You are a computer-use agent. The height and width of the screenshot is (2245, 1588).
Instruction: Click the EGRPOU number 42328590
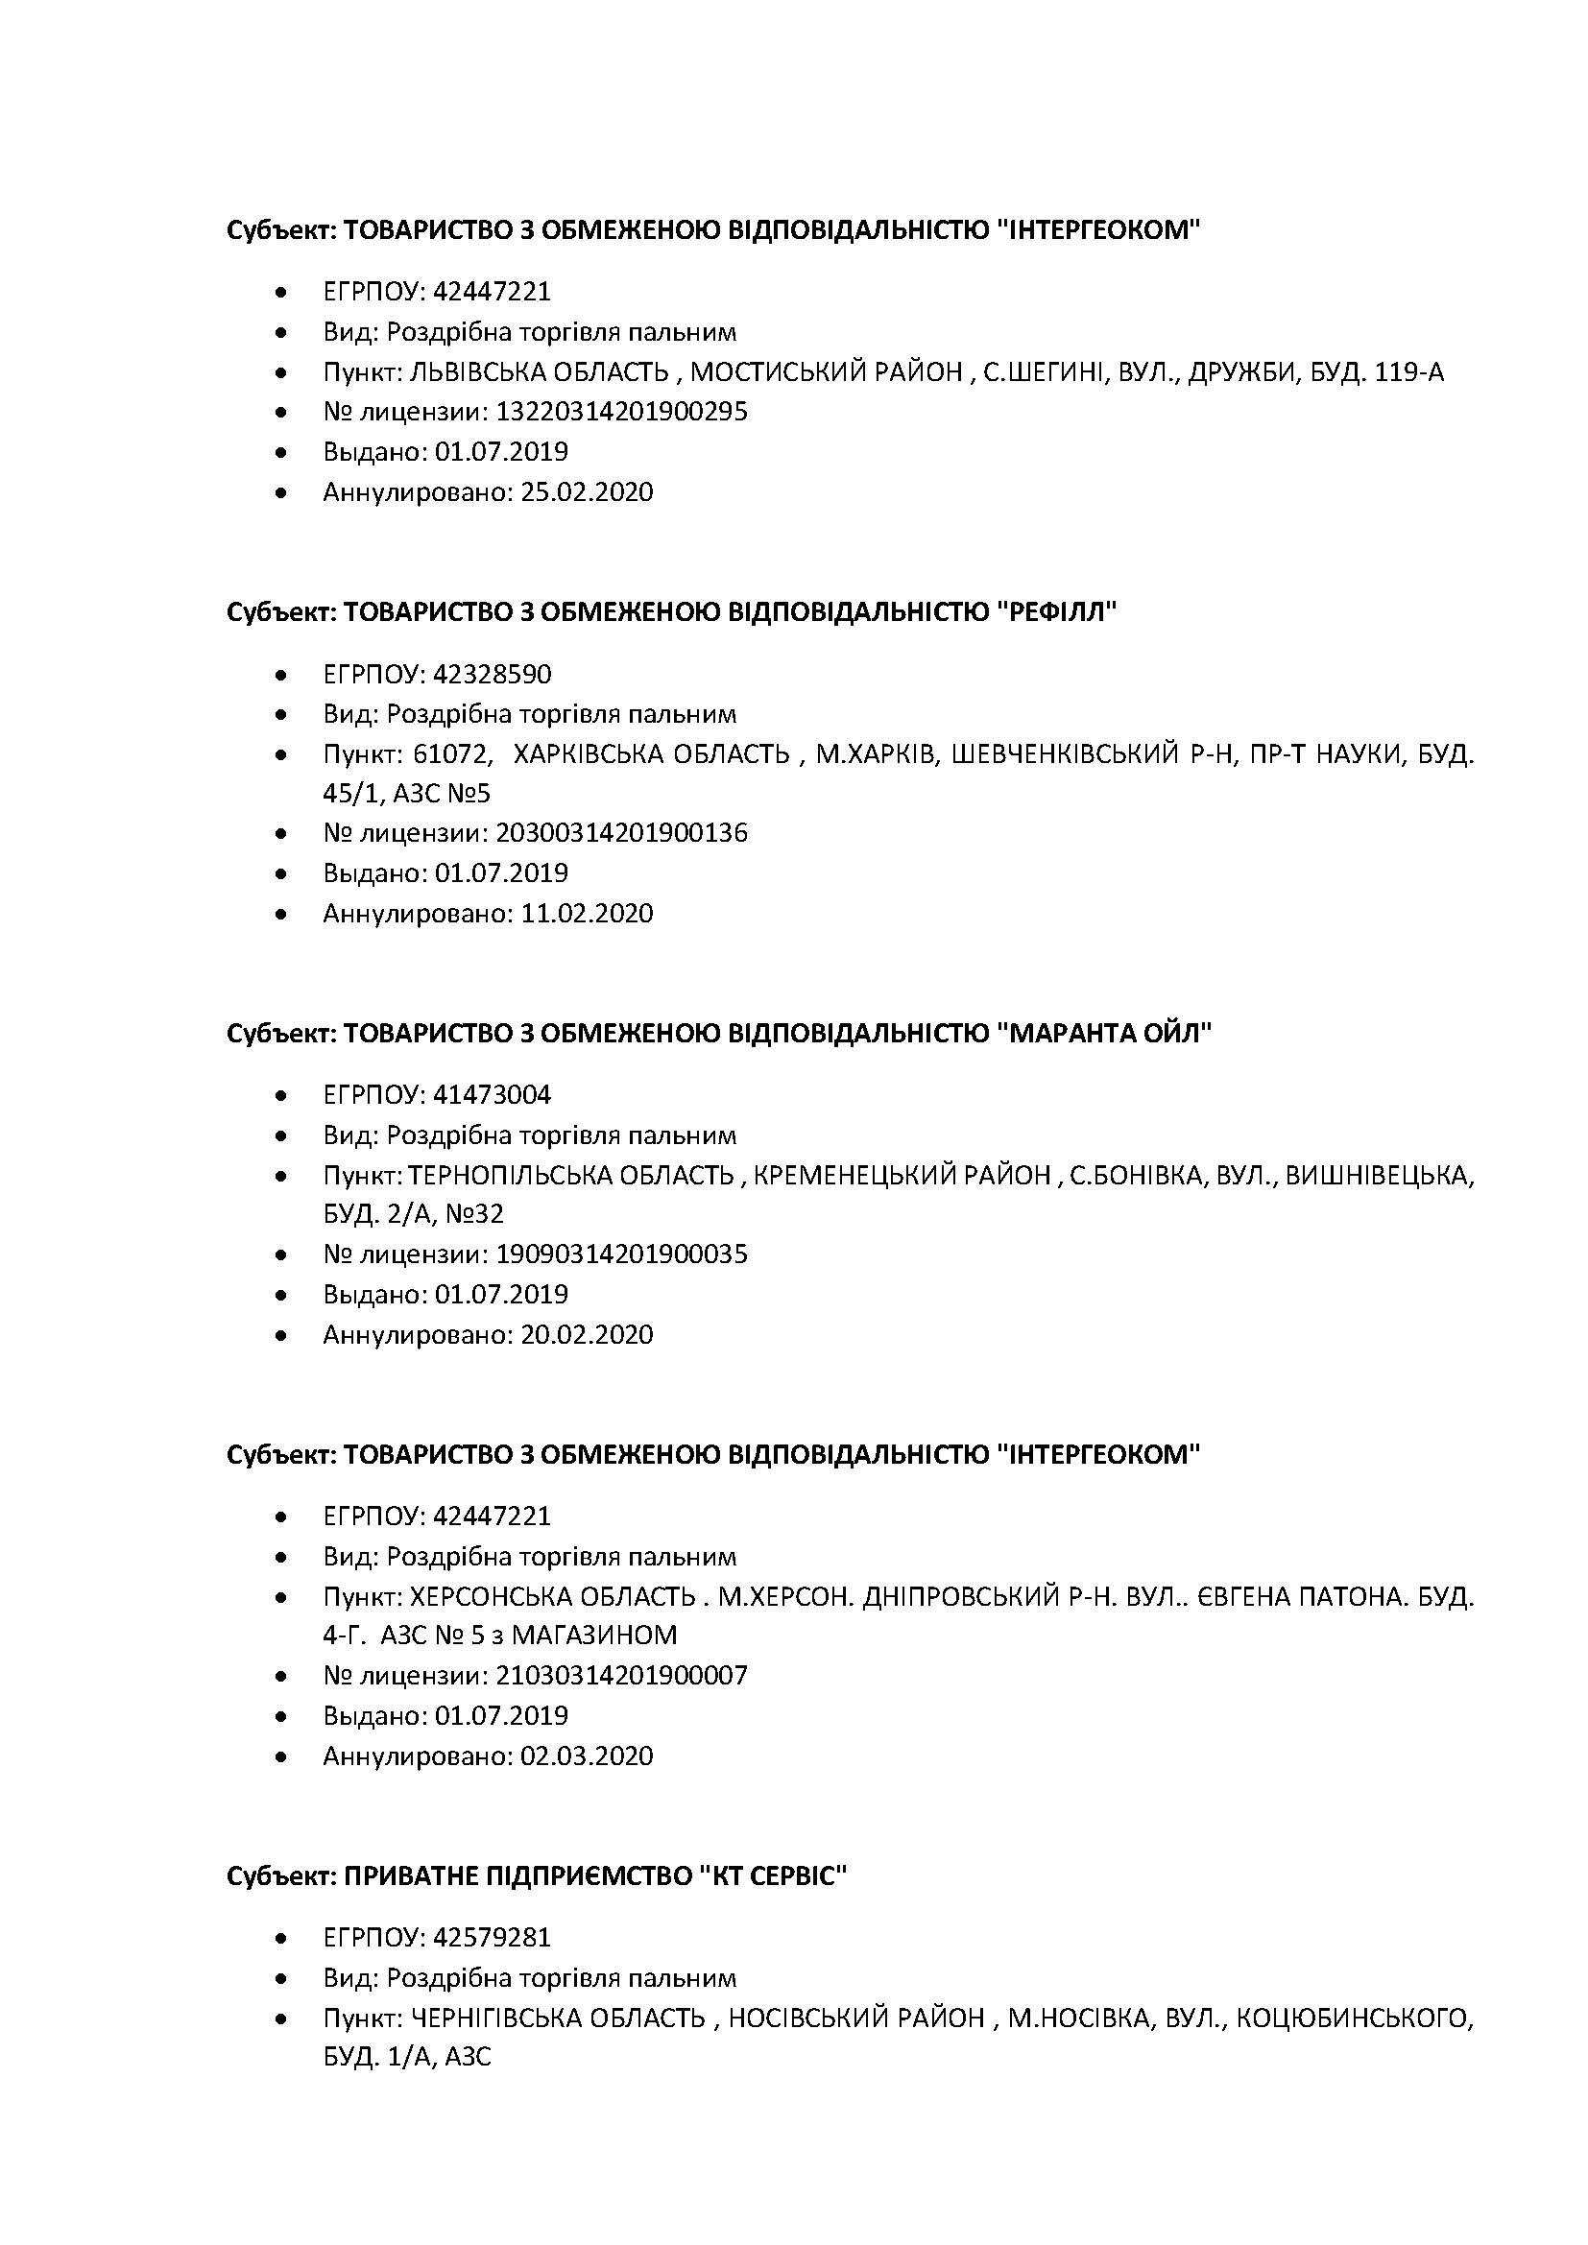492,674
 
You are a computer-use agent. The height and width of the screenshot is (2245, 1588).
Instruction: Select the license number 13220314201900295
622,412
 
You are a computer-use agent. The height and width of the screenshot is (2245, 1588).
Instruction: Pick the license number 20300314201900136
622,833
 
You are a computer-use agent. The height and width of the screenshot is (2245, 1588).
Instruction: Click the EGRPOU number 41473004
492,1094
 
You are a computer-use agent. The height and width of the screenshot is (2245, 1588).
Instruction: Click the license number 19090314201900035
622,1254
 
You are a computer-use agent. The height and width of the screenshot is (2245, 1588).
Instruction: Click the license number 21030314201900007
622,1676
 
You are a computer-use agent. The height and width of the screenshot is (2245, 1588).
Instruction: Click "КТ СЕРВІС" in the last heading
773,1876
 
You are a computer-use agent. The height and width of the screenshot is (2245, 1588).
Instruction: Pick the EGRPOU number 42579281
492,1937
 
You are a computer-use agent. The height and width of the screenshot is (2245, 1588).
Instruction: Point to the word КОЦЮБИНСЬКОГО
1355,2018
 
